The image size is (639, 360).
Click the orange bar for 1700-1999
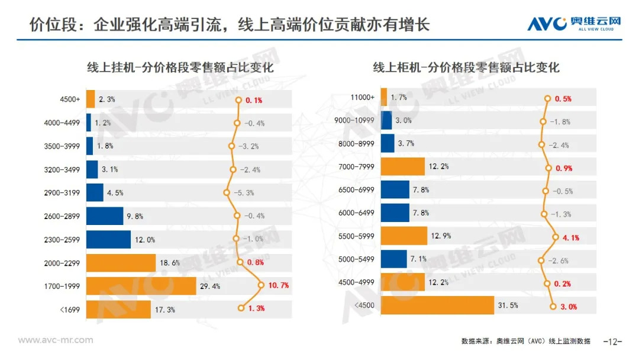click(141, 286)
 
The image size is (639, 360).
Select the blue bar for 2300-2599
click(108, 240)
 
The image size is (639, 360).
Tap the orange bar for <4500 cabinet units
click(437, 306)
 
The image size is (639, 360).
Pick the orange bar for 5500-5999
click(404, 236)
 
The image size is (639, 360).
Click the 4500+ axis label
click(70, 99)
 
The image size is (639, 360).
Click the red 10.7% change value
click(278, 285)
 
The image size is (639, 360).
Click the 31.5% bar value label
click(508, 306)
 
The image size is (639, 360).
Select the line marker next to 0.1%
click(239, 100)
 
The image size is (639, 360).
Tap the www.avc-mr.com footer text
click(56, 340)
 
